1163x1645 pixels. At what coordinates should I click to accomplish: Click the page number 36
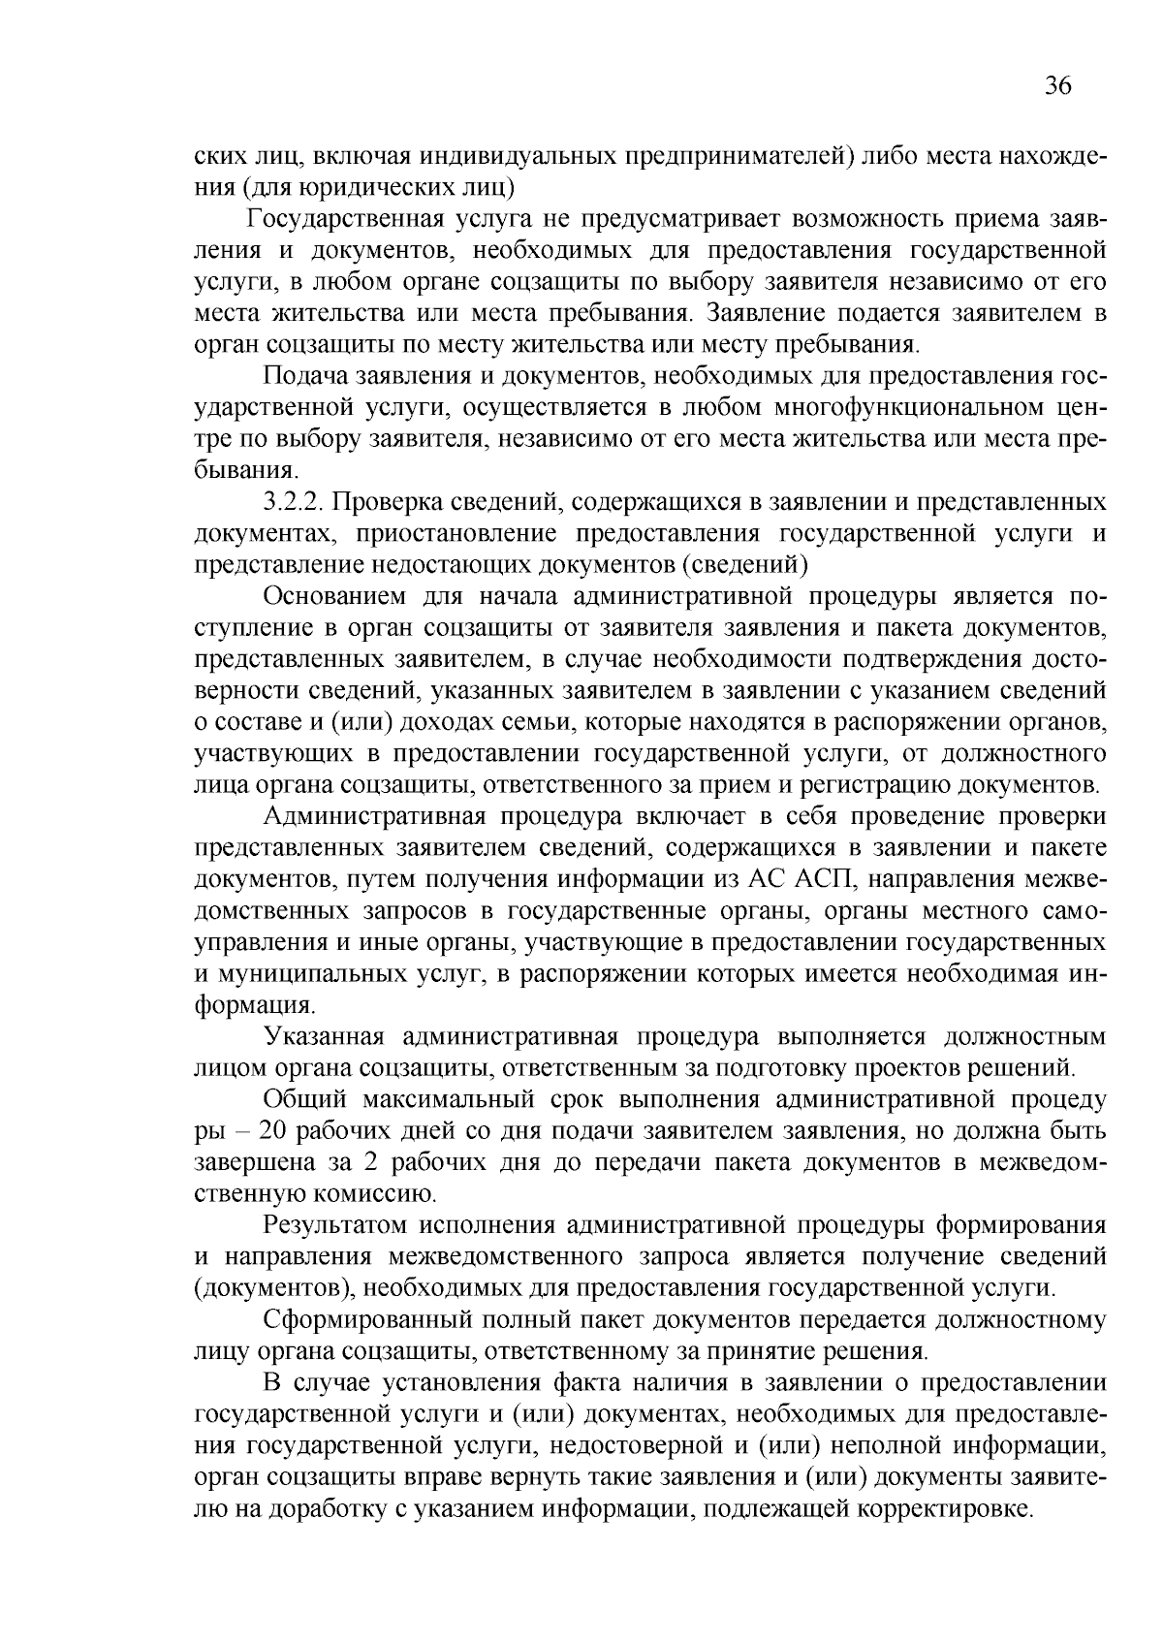coord(1058,86)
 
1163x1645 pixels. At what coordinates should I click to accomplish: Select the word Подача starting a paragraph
coord(298,376)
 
